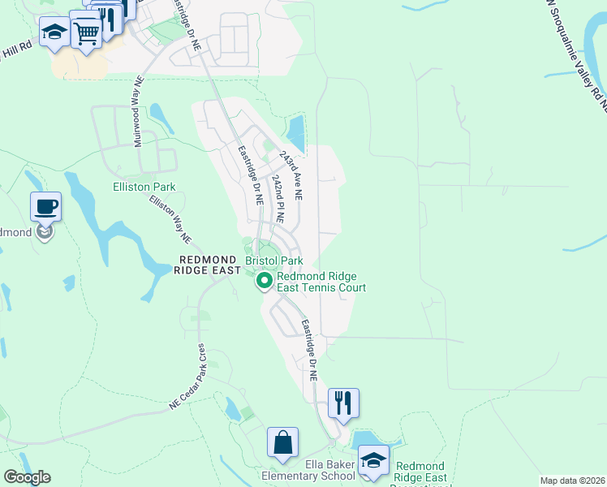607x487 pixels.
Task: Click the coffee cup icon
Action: tap(45, 206)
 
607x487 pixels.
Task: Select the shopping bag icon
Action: tap(283, 443)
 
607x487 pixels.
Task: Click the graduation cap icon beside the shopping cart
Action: tap(54, 32)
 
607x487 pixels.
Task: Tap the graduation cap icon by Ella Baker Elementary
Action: tap(373, 460)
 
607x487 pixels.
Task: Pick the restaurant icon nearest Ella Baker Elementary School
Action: tap(343, 403)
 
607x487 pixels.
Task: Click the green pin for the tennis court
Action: tap(264, 282)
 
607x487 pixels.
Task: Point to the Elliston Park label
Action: tap(144, 187)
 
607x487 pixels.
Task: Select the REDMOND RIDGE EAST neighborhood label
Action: tap(209, 265)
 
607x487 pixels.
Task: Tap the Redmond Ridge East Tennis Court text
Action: tap(321, 282)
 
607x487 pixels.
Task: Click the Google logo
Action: tap(27, 477)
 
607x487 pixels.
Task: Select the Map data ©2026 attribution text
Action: tap(571, 481)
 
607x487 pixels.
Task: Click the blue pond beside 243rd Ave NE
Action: tap(296, 132)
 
